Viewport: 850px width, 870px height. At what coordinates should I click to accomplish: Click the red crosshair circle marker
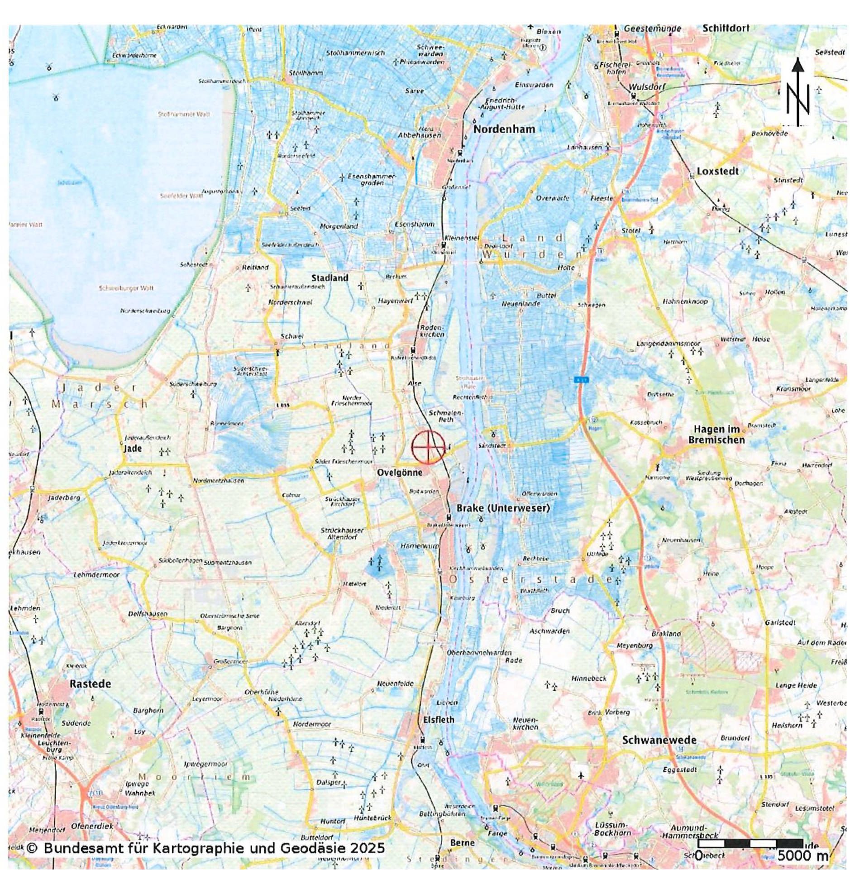428,447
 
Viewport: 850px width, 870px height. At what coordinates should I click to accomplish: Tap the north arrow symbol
797,93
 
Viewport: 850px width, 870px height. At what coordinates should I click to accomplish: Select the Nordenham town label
504,129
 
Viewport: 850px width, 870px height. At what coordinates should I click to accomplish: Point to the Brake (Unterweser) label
502,508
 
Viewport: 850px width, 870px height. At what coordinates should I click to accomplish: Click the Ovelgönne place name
400,472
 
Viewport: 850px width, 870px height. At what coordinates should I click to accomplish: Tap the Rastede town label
90,684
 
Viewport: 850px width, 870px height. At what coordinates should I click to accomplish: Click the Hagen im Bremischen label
716,434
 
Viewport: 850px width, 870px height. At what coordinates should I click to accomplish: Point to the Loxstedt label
717,171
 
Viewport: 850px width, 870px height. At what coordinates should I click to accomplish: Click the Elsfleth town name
438,719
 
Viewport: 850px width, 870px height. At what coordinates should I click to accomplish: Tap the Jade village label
133,448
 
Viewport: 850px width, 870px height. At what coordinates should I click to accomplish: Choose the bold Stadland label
329,278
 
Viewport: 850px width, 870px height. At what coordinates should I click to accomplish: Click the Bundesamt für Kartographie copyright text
205,847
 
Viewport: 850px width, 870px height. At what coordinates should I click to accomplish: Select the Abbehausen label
419,135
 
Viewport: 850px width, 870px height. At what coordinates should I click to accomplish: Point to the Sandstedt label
492,446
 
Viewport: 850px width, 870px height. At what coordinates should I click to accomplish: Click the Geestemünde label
652,29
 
